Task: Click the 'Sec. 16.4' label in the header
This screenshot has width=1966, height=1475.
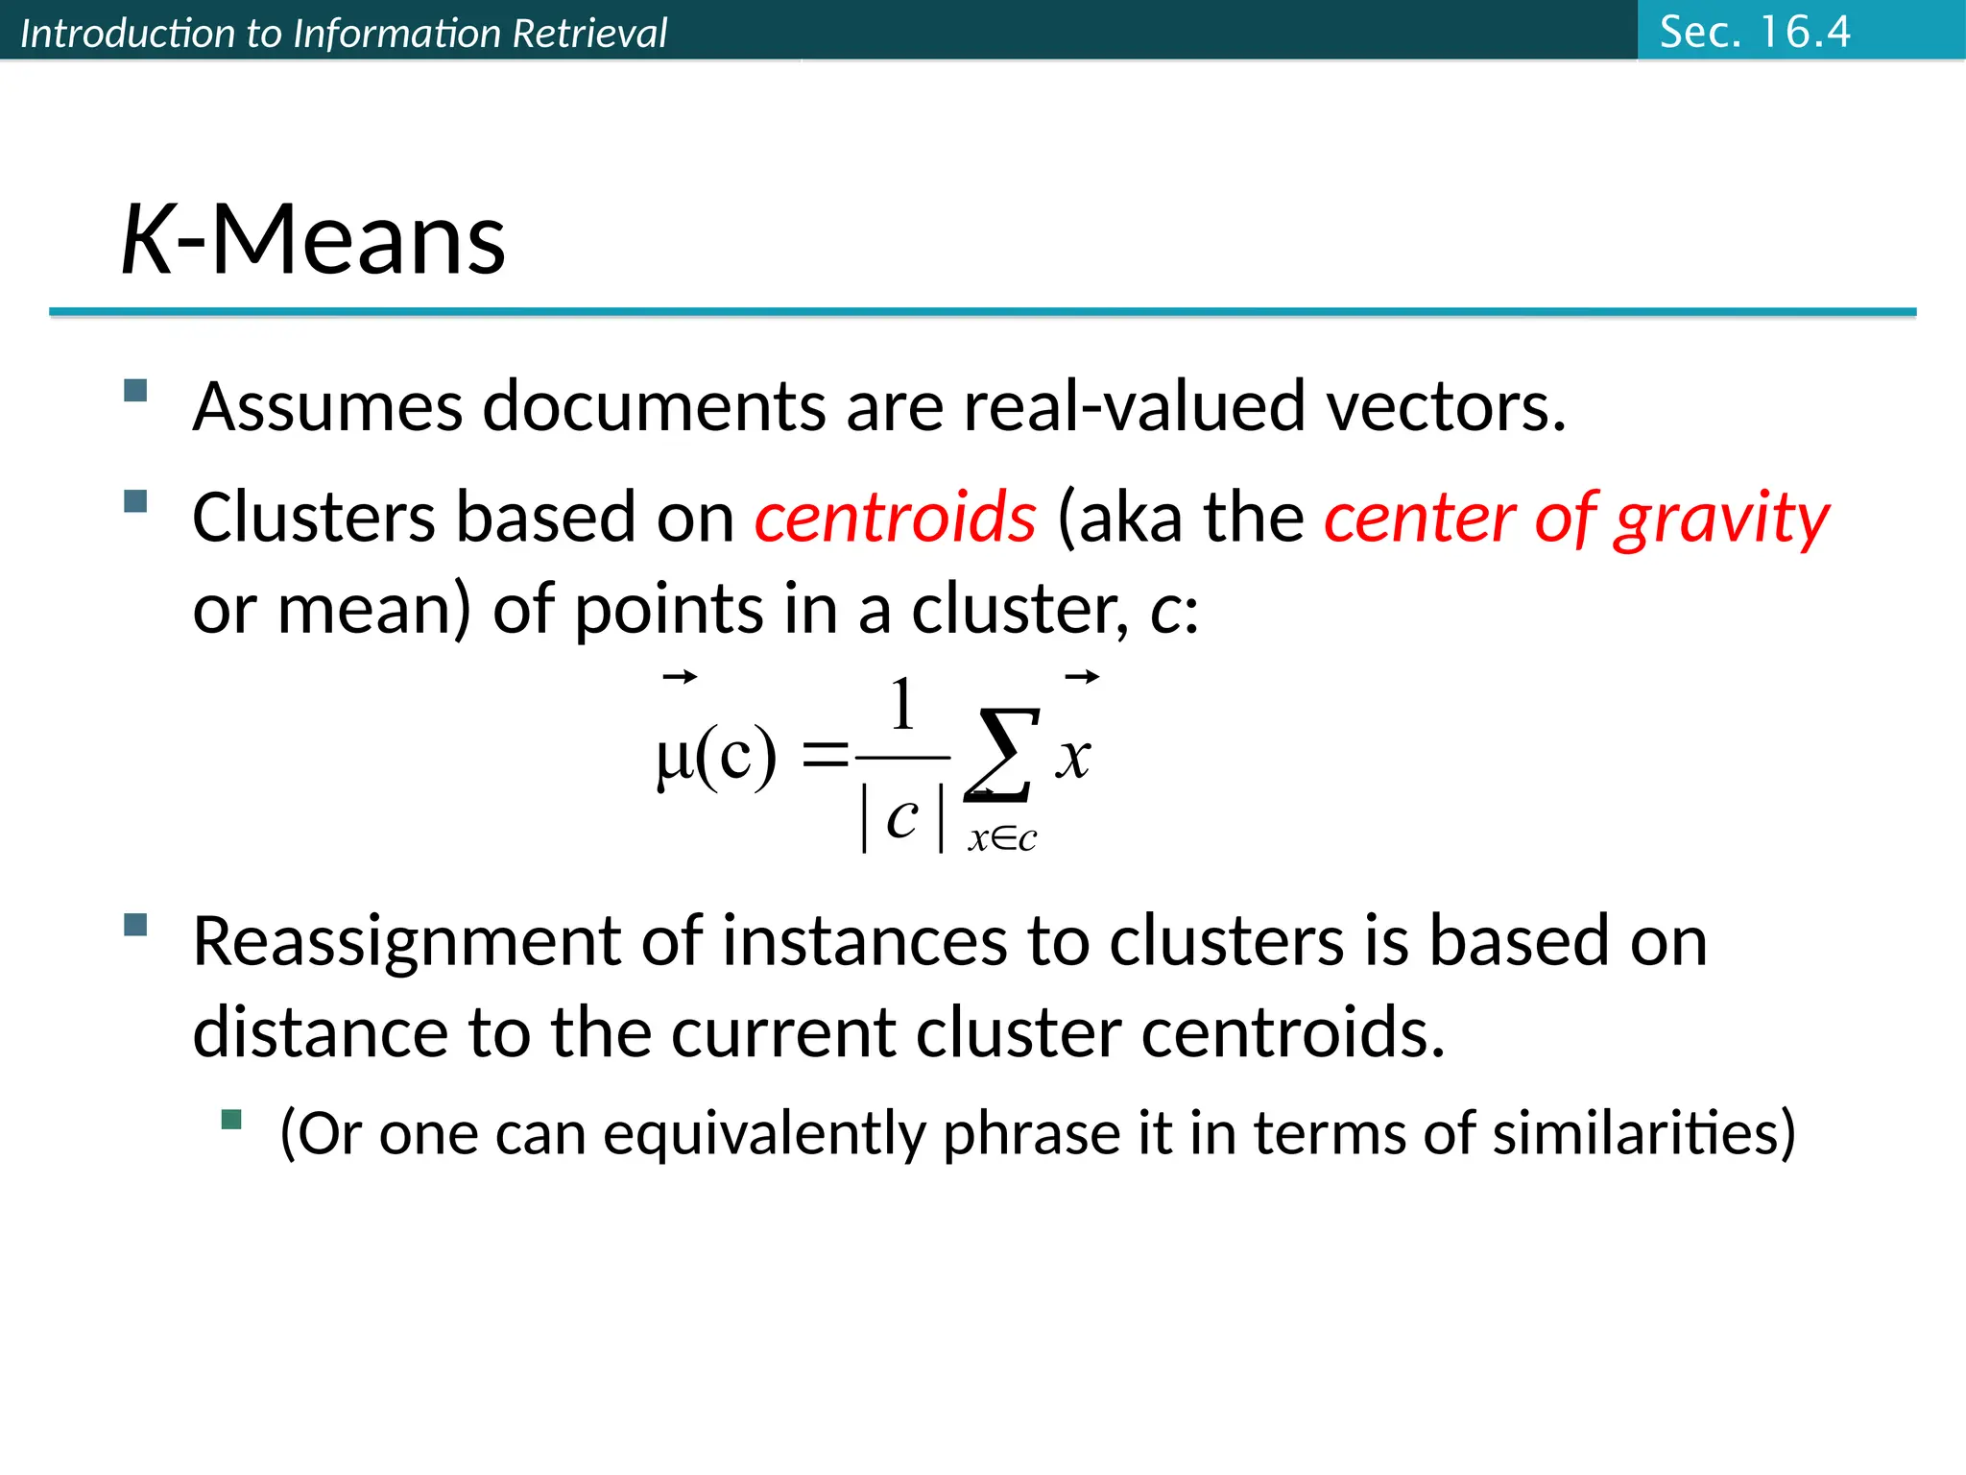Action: (1754, 32)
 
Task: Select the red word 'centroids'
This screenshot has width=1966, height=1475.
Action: (895, 518)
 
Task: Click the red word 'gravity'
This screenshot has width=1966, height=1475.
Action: (1721, 520)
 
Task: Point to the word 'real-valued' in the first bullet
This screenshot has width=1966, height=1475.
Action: (1135, 407)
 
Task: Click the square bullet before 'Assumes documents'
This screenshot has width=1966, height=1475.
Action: (135, 390)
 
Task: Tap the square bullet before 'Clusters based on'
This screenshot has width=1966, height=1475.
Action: (135, 501)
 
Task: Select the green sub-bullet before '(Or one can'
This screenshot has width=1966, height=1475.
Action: (231, 1120)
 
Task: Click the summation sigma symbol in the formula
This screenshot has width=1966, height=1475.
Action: (1002, 756)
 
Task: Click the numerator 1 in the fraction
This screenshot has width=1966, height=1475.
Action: (901, 705)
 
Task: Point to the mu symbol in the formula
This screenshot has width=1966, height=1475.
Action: (674, 759)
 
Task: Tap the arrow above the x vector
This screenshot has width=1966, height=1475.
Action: (1082, 678)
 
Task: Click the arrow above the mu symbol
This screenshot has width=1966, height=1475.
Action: (680, 678)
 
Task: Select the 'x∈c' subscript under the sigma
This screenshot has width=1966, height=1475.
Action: (1002, 839)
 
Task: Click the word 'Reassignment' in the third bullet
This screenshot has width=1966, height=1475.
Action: (406, 941)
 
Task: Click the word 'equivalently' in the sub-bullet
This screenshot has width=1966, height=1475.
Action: (763, 1133)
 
